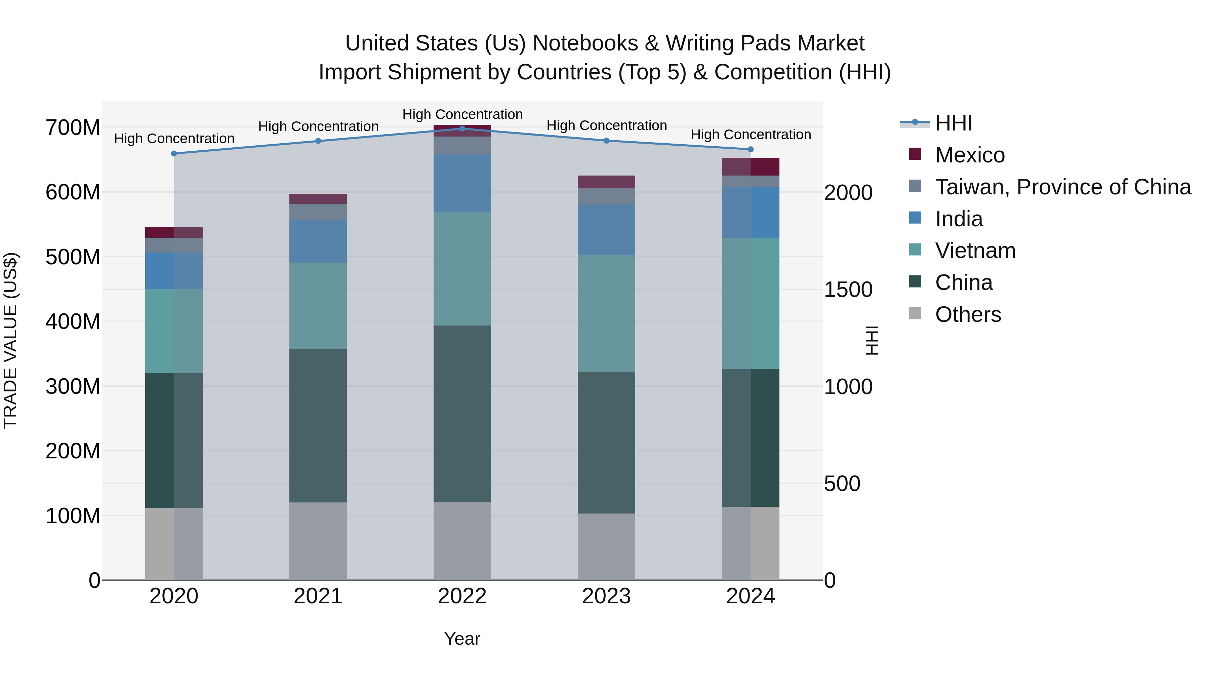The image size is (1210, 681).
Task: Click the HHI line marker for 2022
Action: [462, 129]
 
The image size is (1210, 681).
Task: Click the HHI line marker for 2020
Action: [174, 154]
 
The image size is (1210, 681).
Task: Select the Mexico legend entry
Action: [969, 155]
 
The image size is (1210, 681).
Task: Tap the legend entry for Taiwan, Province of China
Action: [1062, 187]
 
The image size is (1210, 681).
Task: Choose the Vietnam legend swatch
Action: [915, 250]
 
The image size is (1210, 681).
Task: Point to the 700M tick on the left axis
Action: [73, 128]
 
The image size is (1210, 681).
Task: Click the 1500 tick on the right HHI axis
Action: [848, 290]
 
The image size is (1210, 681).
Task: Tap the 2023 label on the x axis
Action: [606, 596]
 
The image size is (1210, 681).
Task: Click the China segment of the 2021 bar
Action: [318, 425]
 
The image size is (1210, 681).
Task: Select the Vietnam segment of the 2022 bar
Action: [462, 269]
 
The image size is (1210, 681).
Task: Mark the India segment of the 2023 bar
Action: [606, 230]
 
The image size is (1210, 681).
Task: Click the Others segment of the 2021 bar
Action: [318, 540]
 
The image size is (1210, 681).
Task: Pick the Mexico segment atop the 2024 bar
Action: [750, 167]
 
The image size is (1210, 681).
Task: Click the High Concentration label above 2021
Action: [318, 127]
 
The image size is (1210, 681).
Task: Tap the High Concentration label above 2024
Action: [750, 135]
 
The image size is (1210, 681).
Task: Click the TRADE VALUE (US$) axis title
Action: [10, 340]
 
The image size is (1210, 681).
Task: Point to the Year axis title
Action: [462, 639]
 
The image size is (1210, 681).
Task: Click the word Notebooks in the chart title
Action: [585, 44]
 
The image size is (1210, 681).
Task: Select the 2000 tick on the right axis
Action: [848, 193]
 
